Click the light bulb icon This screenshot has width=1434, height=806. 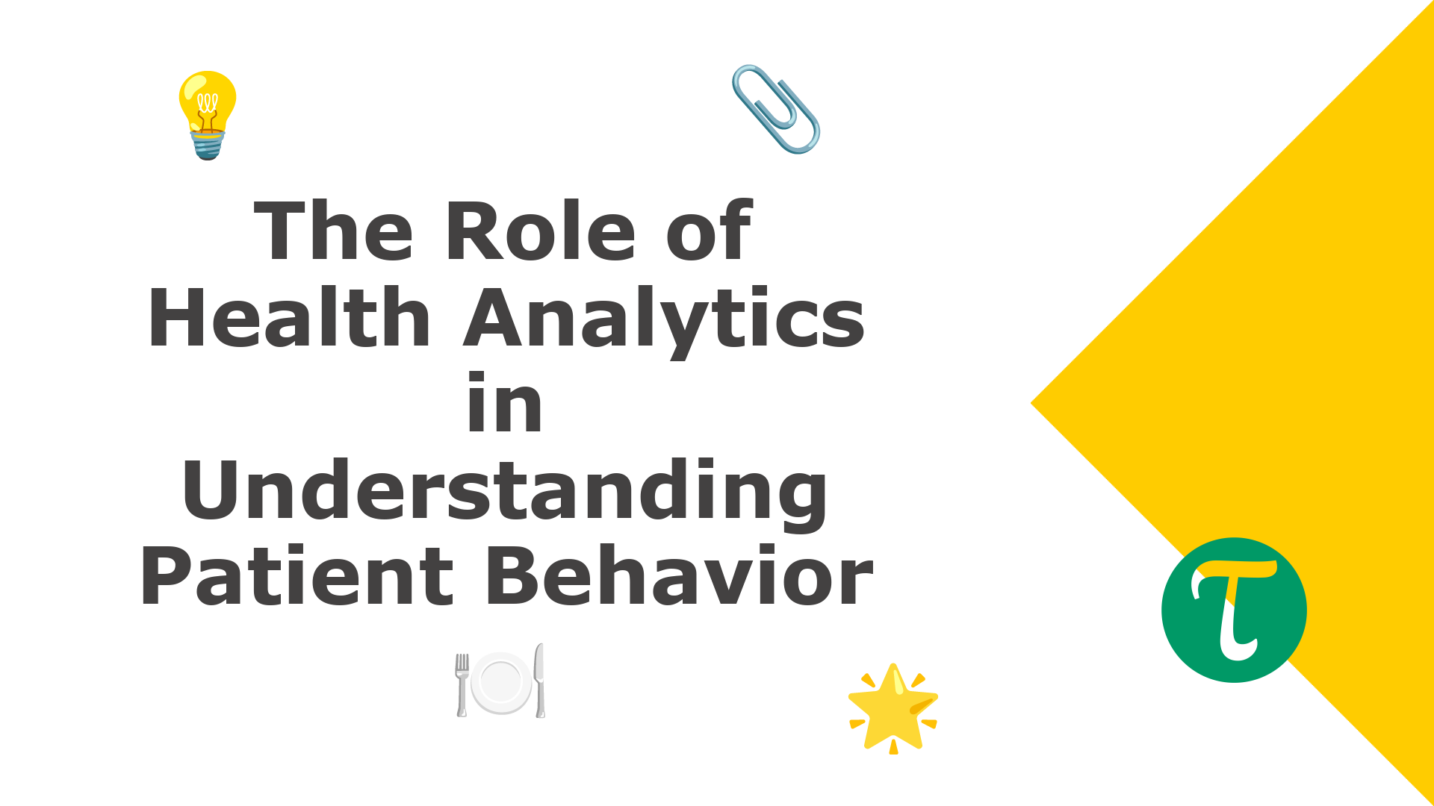coord(208,115)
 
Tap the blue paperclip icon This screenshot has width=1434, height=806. coord(776,109)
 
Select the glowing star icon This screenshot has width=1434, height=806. coord(893,709)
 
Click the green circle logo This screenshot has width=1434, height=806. coord(1234,610)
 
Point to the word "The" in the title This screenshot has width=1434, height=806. coord(334,231)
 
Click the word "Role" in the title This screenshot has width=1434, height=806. coord(540,231)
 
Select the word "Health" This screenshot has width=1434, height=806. coord(290,317)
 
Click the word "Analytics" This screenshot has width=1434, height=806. coord(665,321)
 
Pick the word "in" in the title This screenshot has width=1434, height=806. coord(505,403)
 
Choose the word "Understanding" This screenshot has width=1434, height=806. coord(505,493)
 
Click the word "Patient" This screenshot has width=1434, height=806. coord(297,576)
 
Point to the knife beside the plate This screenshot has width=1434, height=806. coord(539,680)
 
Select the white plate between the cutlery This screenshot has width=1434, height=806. coord(500,683)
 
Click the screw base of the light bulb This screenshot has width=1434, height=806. coord(208,145)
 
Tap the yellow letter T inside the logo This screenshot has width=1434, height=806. coord(1234,608)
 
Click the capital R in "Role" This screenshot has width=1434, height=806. coord(475,231)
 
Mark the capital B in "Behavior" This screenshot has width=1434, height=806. coord(516,576)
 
